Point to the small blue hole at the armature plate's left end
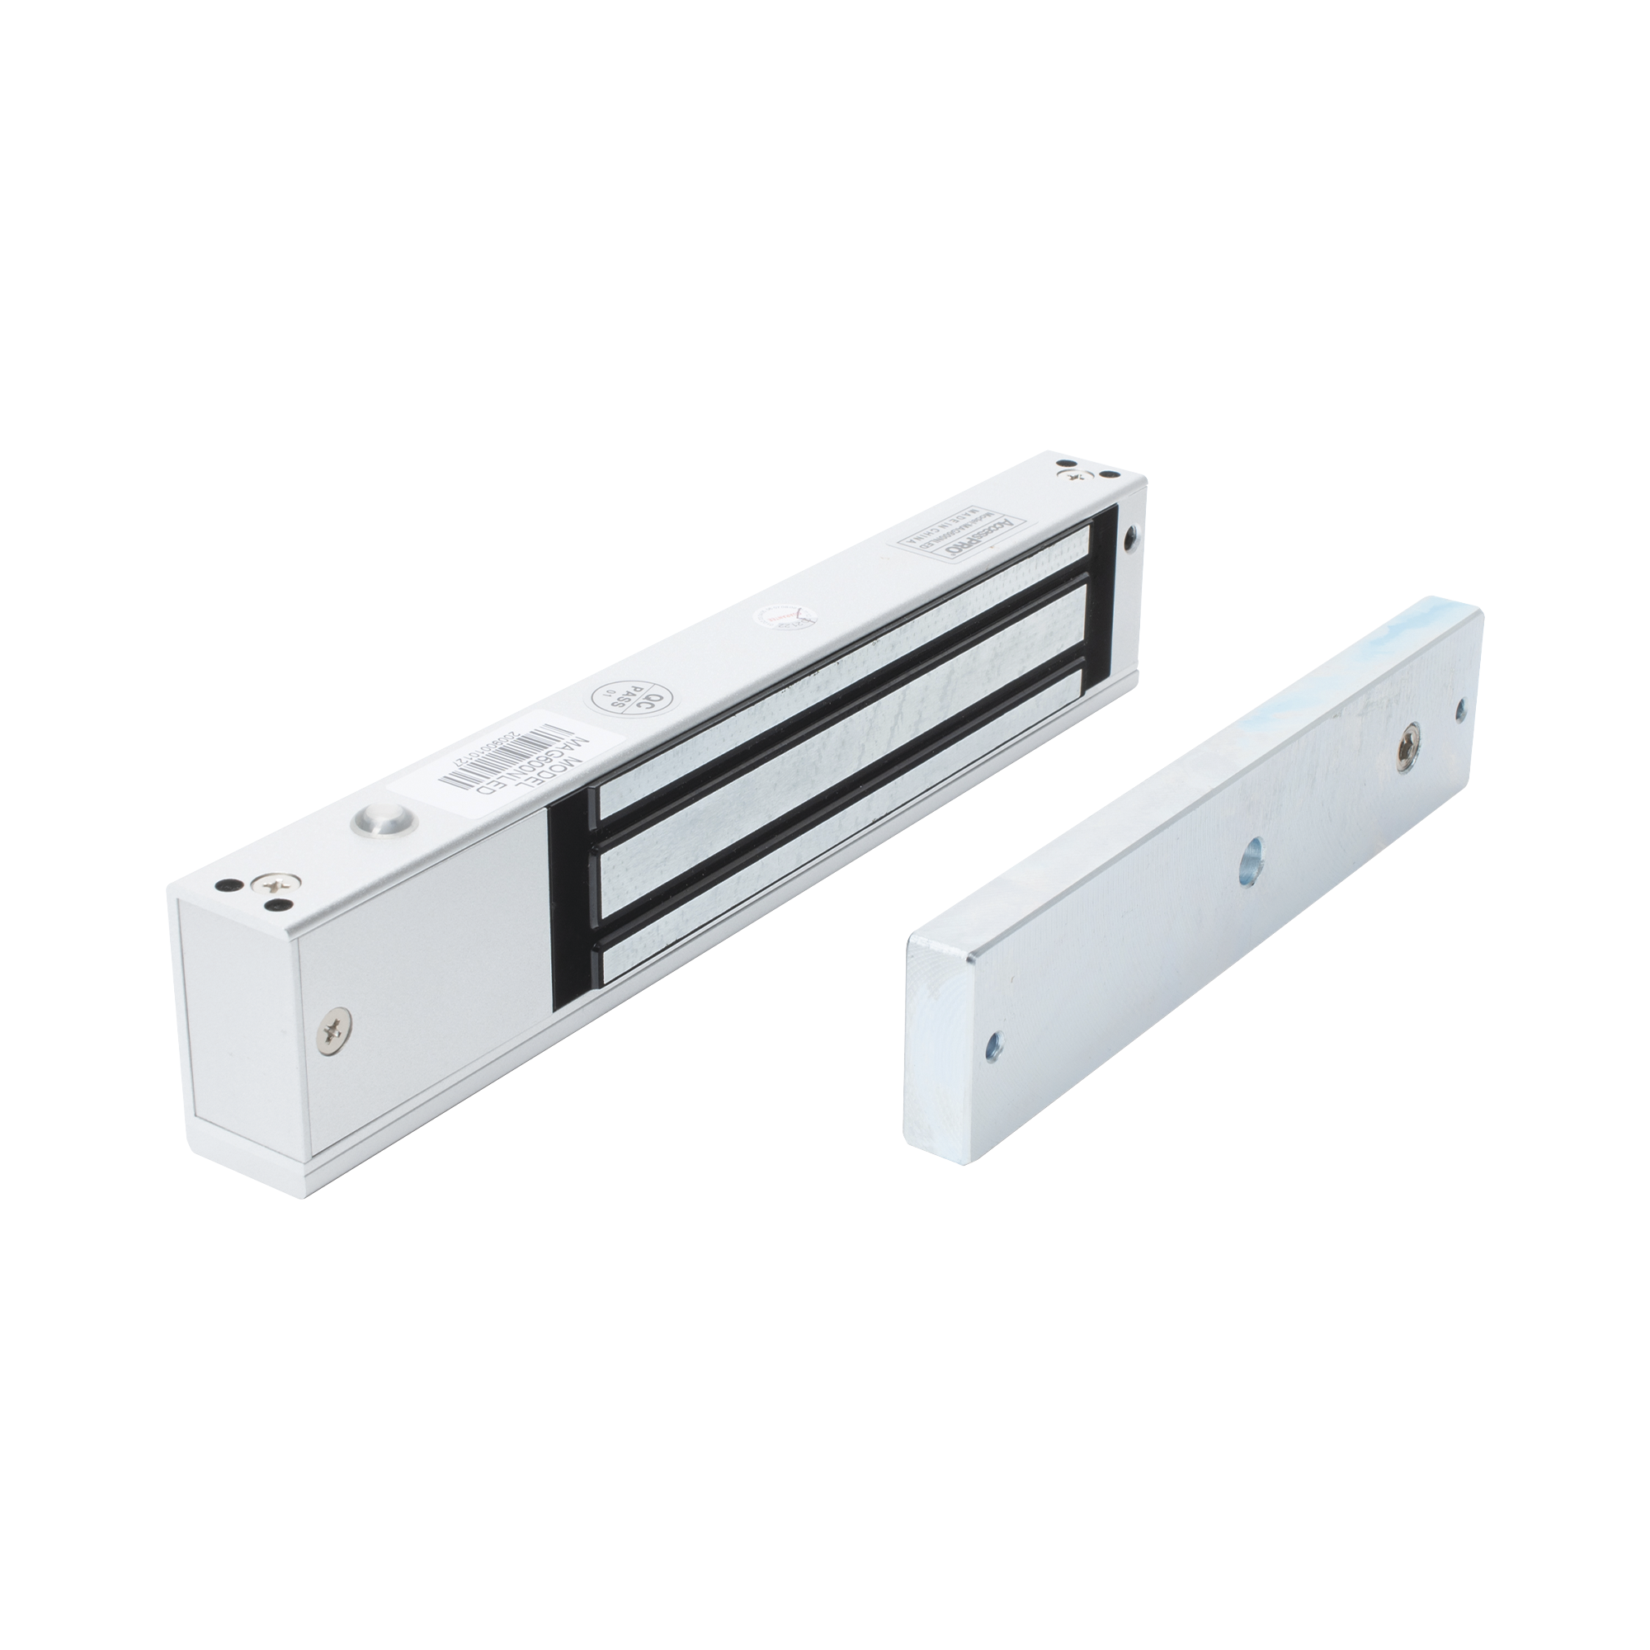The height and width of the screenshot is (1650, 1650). point(992,1044)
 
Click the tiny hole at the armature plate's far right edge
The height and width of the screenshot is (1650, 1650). point(1459,706)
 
